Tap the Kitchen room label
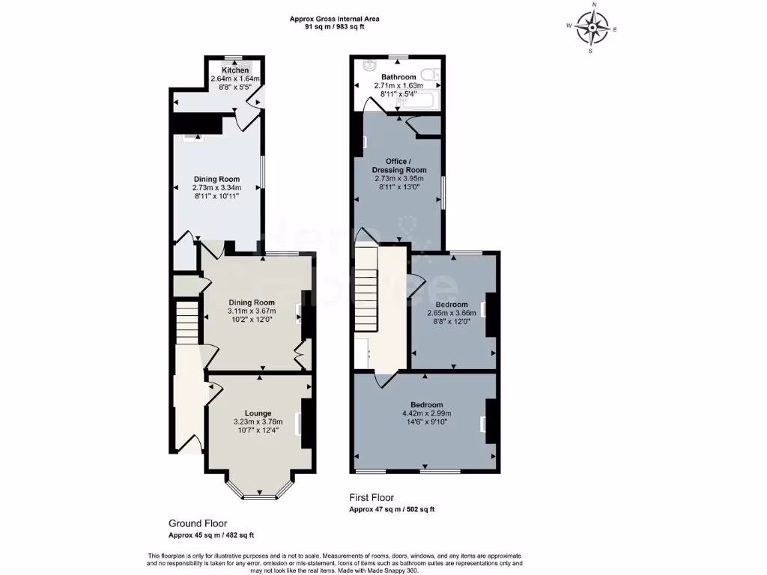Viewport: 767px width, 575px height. tap(234, 70)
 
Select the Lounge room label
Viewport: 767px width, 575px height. tap(258, 413)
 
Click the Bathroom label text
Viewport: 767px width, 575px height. tap(398, 77)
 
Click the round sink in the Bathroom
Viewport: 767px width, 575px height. tap(368, 66)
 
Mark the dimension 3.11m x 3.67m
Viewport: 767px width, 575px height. tap(252, 311)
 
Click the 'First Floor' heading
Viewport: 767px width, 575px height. tap(372, 497)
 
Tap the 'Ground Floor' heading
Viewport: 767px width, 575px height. tap(198, 523)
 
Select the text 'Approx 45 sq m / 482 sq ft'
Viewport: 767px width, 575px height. tap(210, 535)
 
